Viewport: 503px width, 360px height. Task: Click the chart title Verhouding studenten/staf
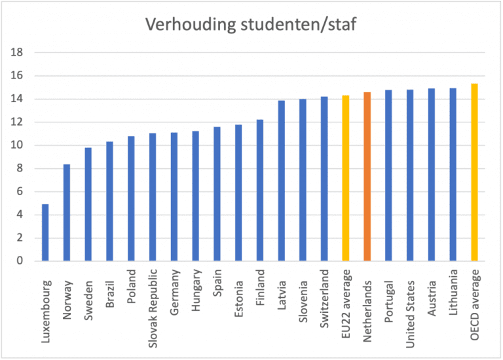click(x=251, y=26)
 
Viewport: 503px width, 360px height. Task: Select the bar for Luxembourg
click(x=46, y=232)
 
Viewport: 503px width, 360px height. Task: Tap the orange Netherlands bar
click(x=367, y=177)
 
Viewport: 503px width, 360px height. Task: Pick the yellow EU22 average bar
click(x=345, y=178)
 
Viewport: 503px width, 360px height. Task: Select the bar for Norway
click(x=67, y=213)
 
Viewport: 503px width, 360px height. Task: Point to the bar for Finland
click(x=259, y=190)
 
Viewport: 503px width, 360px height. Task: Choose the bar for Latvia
click(x=281, y=181)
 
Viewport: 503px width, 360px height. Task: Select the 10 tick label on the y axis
click(x=19, y=145)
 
